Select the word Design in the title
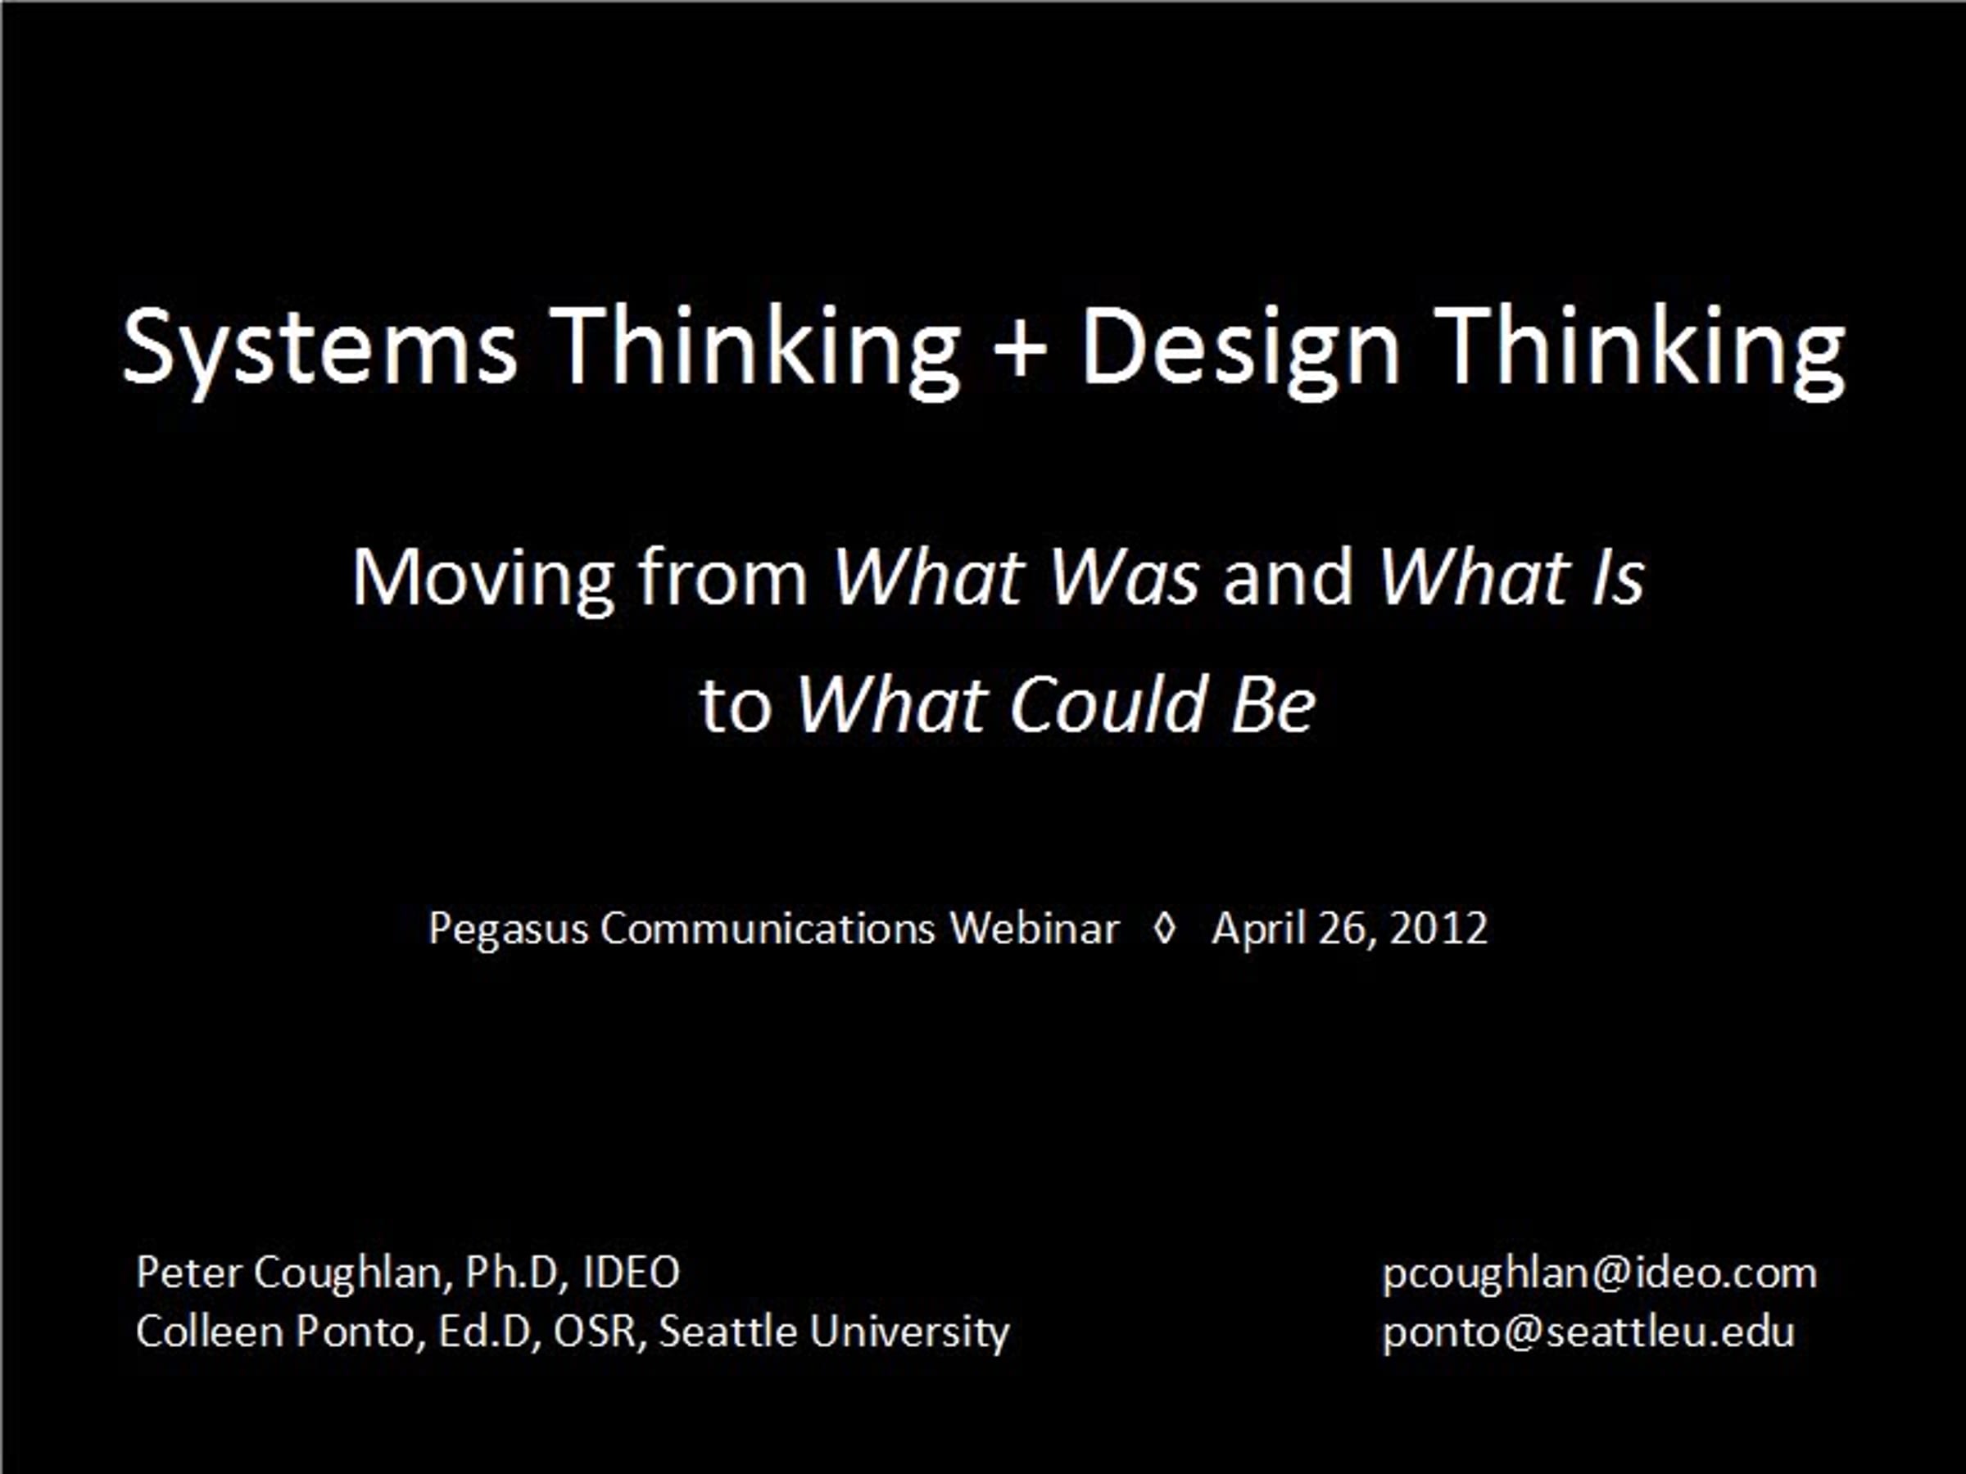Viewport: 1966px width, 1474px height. click(x=1241, y=348)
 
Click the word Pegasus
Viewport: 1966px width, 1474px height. click(x=509, y=930)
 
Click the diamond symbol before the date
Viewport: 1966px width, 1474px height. click(x=1164, y=929)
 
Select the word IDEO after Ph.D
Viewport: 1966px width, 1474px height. click(x=631, y=1273)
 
